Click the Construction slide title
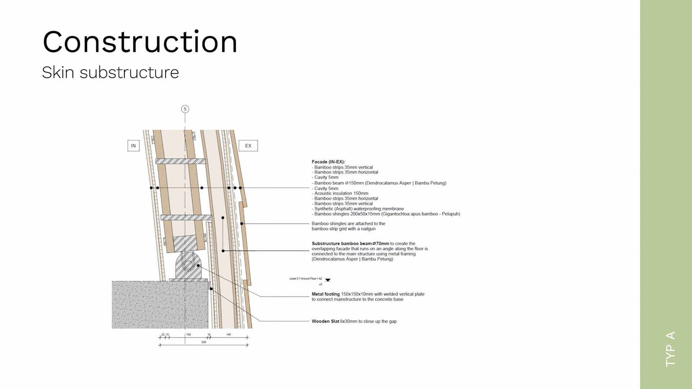click(140, 42)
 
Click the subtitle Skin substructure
click(110, 73)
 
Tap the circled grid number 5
click(185, 109)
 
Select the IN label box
click(133, 146)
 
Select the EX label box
click(248, 146)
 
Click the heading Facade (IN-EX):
click(328, 162)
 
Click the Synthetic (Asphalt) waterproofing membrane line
click(359, 209)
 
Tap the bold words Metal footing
click(325, 294)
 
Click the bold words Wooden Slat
click(325, 321)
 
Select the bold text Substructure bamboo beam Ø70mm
click(350, 243)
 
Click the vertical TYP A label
click(670, 349)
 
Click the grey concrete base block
click(160, 305)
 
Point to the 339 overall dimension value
click(204, 342)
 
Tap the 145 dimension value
click(229, 335)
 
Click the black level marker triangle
click(328, 280)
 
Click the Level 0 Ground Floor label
click(305, 279)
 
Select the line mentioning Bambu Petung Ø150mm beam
click(380, 183)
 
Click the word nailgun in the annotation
click(368, 229)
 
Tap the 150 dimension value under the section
click(188, 335)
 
